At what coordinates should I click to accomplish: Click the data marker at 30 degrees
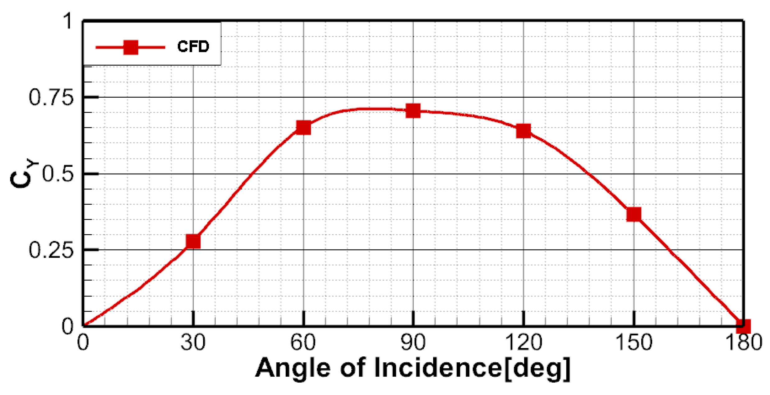coord(193,241)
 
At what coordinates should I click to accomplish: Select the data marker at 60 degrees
coord(303,128)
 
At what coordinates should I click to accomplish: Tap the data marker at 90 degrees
coord(413,111)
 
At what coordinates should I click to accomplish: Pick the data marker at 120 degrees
coord(523,131)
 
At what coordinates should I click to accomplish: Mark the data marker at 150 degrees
coord(634,214)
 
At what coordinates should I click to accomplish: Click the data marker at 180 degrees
coord(743,326)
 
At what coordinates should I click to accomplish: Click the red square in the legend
coord(131,47)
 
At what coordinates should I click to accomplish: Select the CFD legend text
coord(193,47)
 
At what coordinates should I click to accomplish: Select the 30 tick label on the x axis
coord(193,343)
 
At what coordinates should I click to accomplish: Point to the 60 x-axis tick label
coord(303,343)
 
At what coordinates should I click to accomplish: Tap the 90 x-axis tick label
coord(413,343)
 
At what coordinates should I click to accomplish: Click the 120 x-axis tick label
coord(524,343)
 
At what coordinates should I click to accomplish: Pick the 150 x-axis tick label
coord(634,343)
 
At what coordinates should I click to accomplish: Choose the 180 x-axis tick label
coord(744,343)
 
